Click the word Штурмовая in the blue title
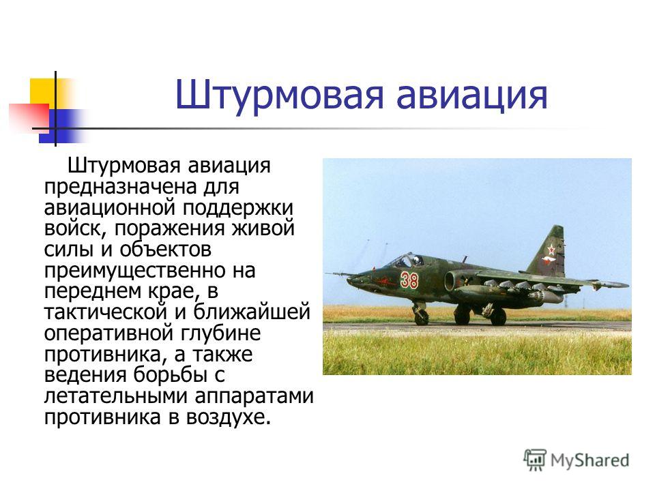(x=279, y=95)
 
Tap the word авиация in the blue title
(x=471, y=95)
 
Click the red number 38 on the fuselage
(x=409, y=280)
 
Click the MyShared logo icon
(x=535, y=460)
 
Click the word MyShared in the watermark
(x=589, y=460)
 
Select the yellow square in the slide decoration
(x=43, y=92)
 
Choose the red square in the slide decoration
(x=29, y=116)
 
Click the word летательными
(x=117, y=396)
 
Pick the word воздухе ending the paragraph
(x=226, y=417)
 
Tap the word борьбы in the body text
(x=171, y=374)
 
